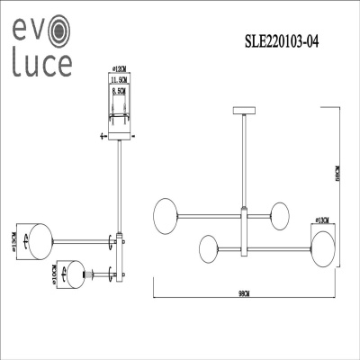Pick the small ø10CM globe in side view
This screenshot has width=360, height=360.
click(x=76, y=272)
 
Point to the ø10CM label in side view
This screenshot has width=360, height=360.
click(x=55, y=273)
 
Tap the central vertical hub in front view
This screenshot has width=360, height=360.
click(x=244, y=229)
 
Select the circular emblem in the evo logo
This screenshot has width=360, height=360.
click(x=55, y=31)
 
